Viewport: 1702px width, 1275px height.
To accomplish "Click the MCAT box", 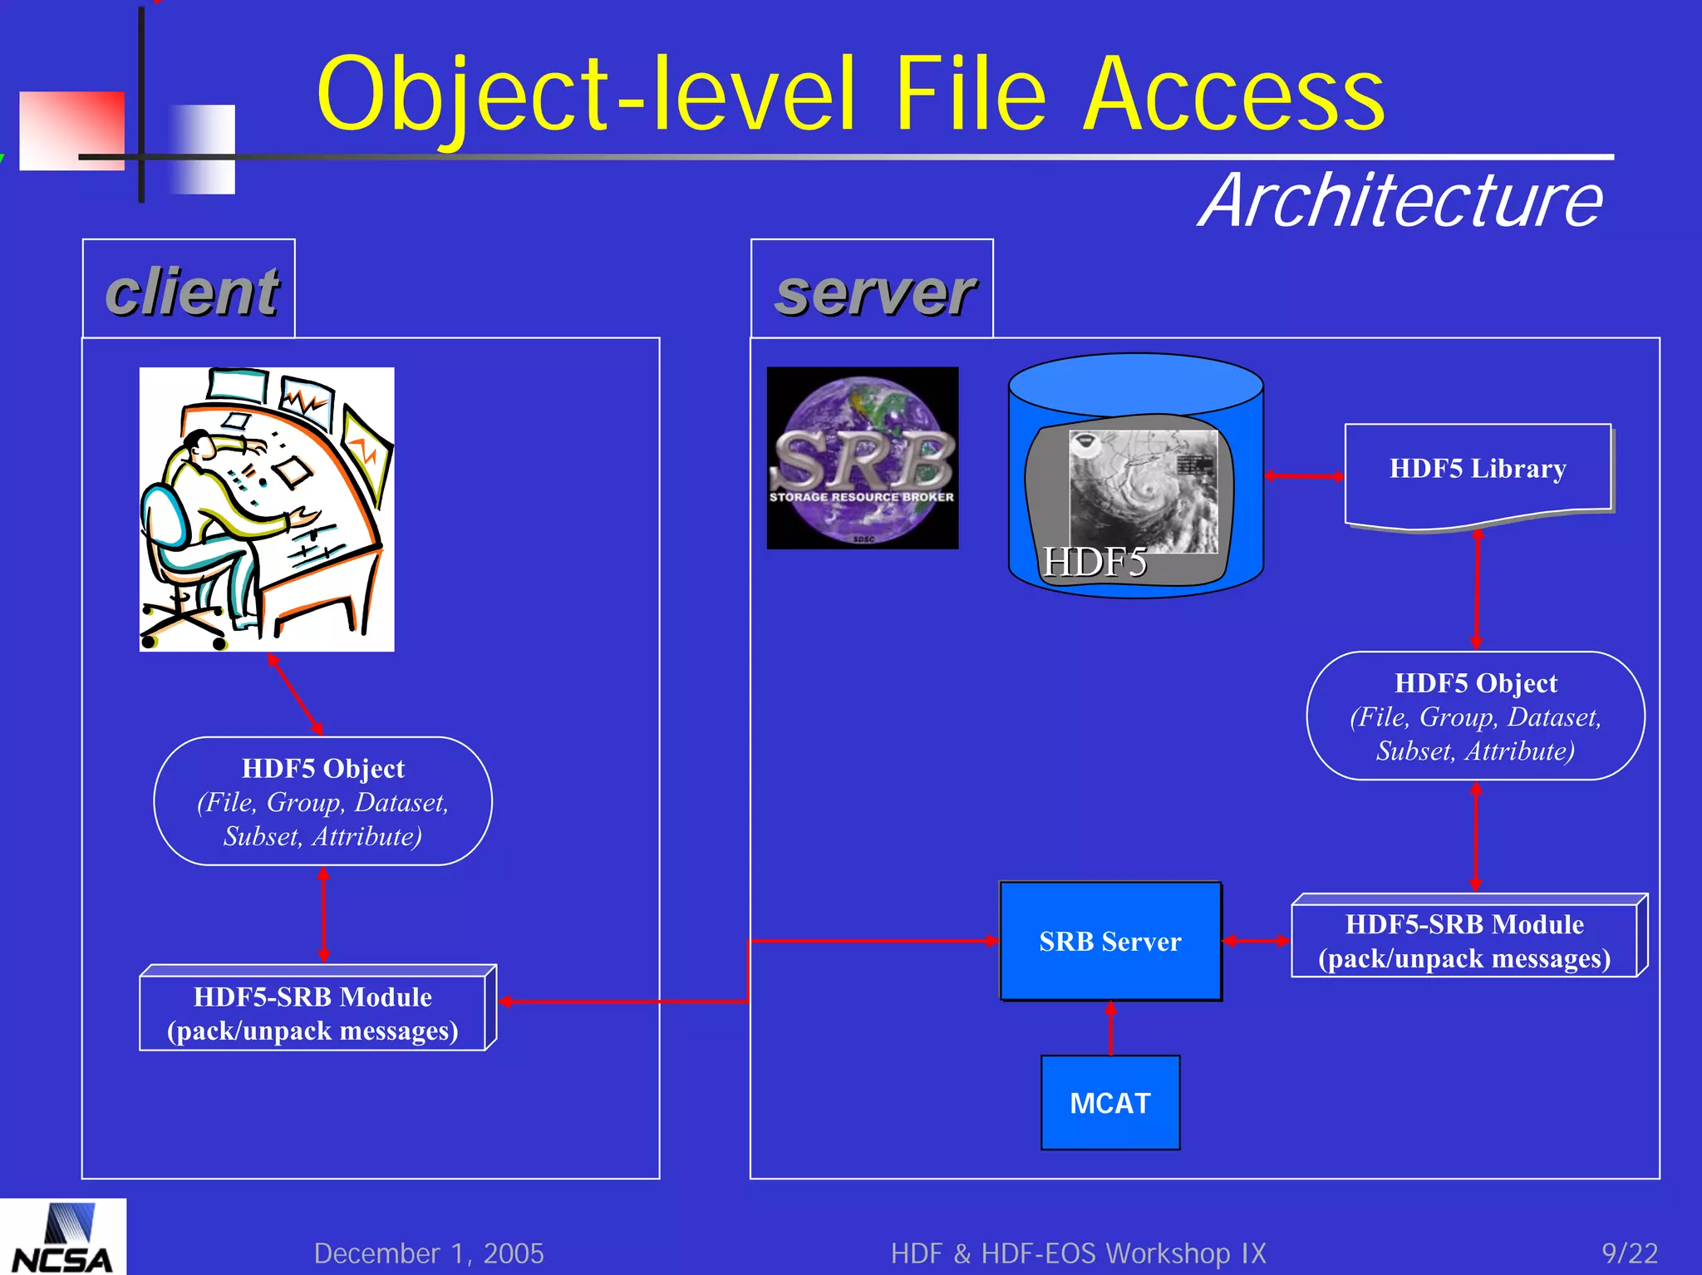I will click(x=1109, y=1103).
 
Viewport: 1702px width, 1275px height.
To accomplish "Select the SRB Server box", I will click(x=1109, y=941).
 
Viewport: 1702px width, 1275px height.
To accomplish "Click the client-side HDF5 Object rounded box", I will click(x=322, y=801).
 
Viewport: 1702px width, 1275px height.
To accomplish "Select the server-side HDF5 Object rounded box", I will click(x=1475, y=716).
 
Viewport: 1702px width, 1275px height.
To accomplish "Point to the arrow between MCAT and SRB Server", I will click(x=1110, y=1028).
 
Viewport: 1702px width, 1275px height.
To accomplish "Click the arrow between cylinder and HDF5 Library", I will click(x=1304, y=475).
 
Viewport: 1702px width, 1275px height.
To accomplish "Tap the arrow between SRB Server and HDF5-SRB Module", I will click(x=1256, y=940).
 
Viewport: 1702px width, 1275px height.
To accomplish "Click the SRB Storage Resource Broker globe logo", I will click(x=862, y=458).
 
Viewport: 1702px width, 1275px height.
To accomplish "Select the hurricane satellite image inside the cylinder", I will click(x=1143, y=490).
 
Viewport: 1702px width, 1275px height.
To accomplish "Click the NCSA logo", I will click(x=62, y=1238).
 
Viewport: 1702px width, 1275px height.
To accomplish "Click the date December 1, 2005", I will click(x=429, y=1253).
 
